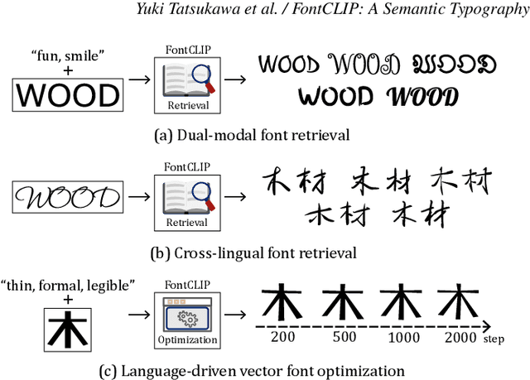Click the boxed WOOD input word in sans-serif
tap(69, 95)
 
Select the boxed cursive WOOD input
tap(70, 198)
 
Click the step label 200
tap(284, 339)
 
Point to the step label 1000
tap(402, 339)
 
